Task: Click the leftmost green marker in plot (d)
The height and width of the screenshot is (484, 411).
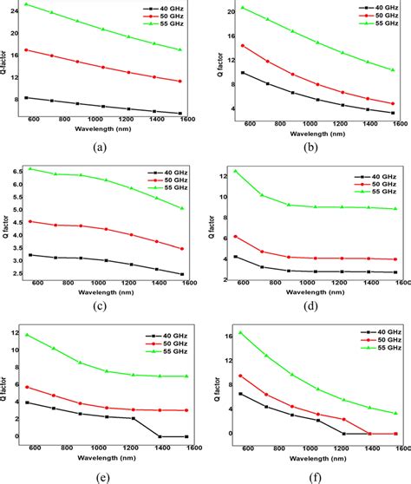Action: coord(235,171)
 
